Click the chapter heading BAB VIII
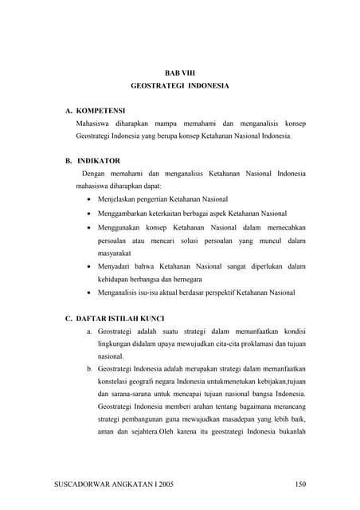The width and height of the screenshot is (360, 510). tap(179, 73)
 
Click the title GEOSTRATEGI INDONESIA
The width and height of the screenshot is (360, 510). tap(179, 85)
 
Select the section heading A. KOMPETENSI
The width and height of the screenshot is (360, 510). tap(95, 111)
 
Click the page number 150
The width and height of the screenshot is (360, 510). tap(300, 483)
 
